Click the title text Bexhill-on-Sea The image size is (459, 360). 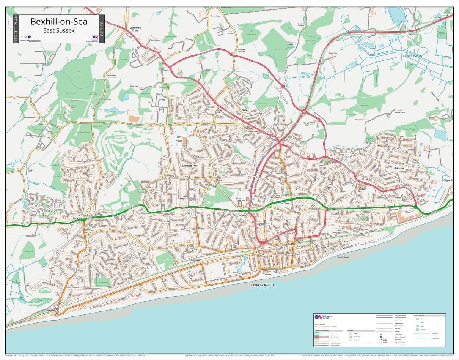pos(59,22)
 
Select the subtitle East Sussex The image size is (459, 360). pos(59,30)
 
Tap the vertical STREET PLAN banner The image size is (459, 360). pos(16,29)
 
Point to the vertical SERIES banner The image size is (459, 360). pos(101,29)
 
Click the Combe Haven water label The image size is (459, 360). pos(411,56)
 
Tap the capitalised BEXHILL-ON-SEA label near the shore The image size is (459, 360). pos(261,285)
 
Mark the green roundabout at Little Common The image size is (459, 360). pos(85,219)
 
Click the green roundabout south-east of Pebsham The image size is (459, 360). pos(416,207)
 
